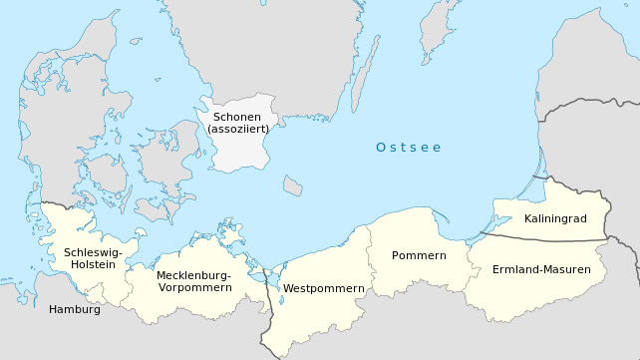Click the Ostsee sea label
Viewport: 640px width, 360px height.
click(x=408, y=148)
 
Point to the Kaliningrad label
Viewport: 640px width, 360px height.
click(x=553, y=218)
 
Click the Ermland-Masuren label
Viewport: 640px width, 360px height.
click(x=541, y=269)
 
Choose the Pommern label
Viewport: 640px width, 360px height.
click(x=419, y=255)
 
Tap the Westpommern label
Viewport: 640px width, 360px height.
click(x=324, y=288)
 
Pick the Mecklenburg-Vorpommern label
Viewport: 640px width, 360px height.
click(x=194, y=281)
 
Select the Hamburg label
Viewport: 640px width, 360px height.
click(x=75, y=309)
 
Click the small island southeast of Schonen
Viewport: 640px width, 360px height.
click(x=292, y=184)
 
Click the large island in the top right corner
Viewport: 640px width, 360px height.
click(x=439, y=25)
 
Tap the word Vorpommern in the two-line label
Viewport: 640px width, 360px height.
click(x=194, y=287)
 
